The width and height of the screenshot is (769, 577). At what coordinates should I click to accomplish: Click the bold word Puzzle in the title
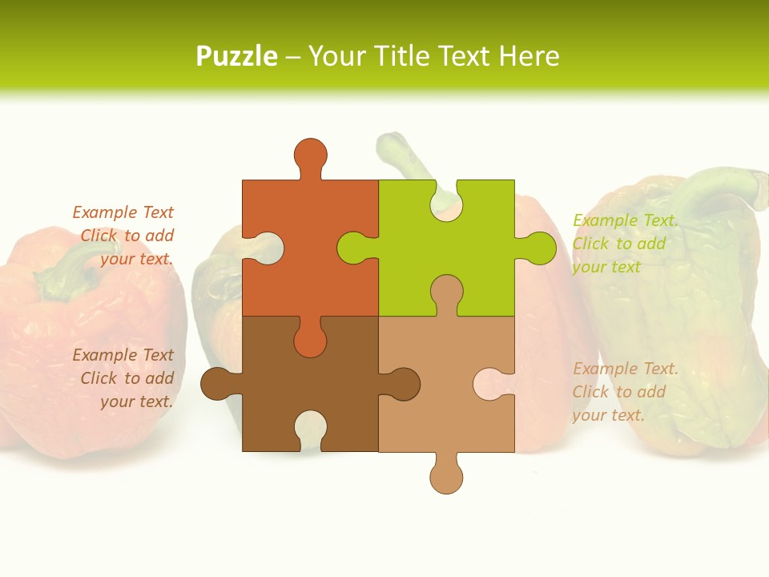(x=236, y=56)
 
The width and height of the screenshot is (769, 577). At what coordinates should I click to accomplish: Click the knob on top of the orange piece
(x=310, y=154)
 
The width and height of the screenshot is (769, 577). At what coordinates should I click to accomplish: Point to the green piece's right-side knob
(x=538, y=248)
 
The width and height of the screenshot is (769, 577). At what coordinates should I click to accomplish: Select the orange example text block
(x=124, y=236)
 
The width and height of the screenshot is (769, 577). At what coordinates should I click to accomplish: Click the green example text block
(x=625, y=244)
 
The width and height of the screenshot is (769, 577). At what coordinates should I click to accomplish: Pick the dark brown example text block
(x=124, y=378)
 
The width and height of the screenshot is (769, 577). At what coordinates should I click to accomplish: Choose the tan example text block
(x=625, y=392)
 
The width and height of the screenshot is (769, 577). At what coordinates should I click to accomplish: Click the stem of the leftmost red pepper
(x=68, y=264)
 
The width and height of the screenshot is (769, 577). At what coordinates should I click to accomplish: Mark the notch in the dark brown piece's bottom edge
(x=310, y=428)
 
